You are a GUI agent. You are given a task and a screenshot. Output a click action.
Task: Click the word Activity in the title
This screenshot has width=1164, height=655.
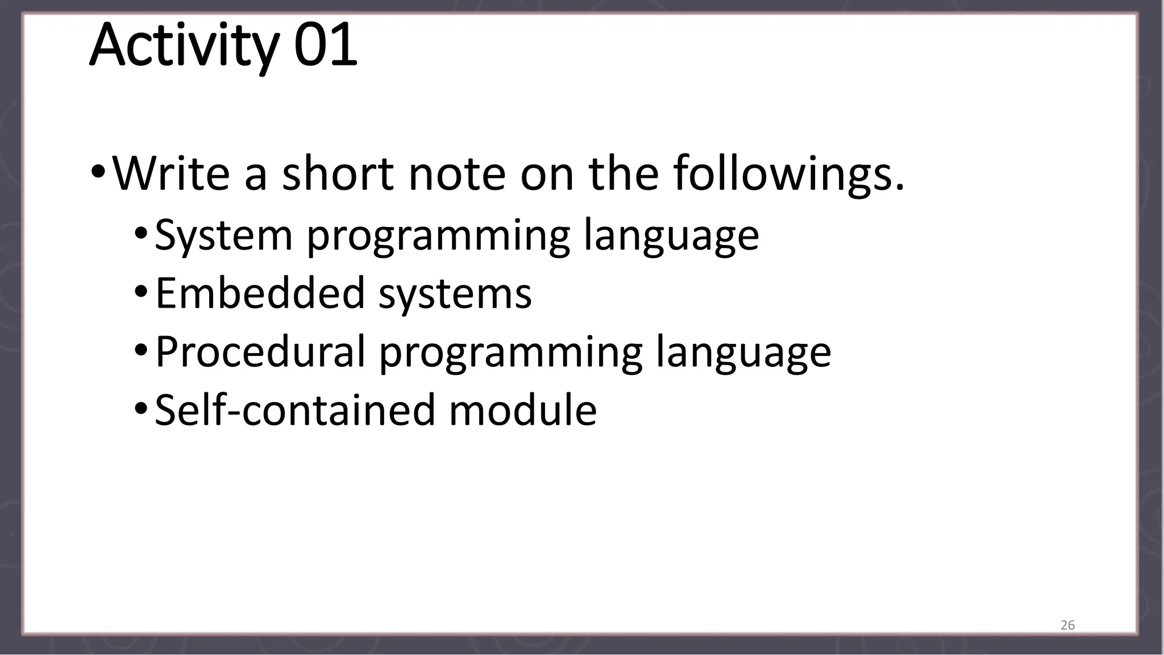[183, 45]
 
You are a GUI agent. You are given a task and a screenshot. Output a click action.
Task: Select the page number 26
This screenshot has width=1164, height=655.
[1067, 625]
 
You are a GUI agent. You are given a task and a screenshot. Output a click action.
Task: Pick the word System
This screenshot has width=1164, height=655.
[223, 235]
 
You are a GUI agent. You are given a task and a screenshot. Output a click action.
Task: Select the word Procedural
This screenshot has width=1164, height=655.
[260, 352]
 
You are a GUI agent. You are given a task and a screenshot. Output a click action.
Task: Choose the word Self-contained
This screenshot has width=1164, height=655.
[295, 410]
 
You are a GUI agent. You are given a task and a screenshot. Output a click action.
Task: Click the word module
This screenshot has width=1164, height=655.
[523, 410]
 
